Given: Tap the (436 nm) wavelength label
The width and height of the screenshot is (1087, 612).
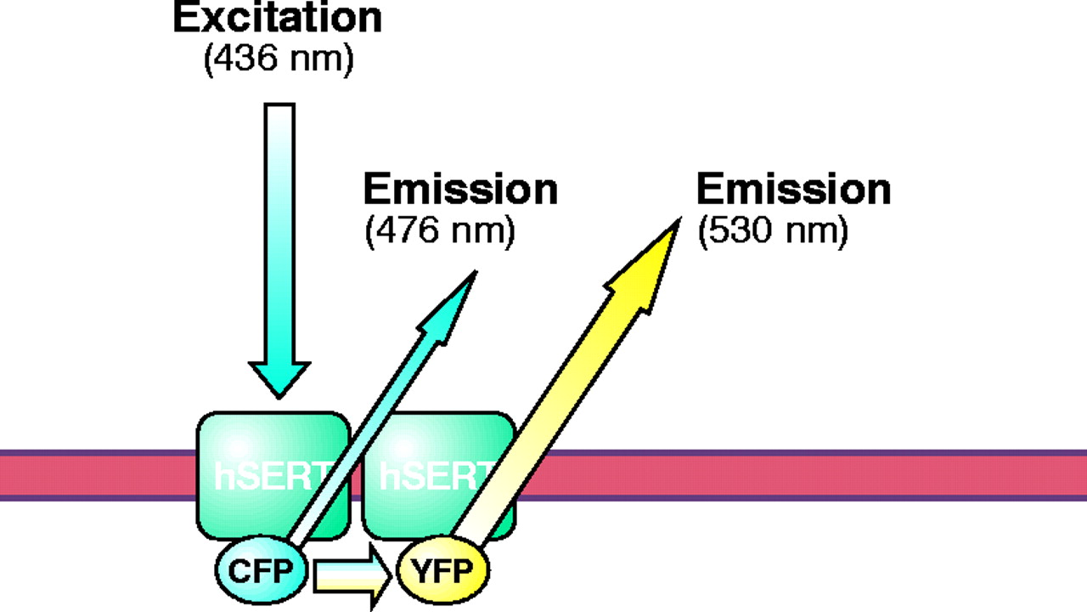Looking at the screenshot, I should click(x=278, y=62).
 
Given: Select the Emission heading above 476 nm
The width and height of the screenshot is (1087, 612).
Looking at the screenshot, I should click(x=459, y=190).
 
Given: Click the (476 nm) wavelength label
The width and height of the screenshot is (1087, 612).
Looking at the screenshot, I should click(x=439, y=233).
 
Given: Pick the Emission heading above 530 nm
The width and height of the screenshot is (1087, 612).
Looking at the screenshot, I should click(x=793, y=190).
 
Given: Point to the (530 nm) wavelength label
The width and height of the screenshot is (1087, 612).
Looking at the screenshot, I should click(x=772, y=233).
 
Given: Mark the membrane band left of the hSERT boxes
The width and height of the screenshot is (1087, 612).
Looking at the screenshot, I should click(x=93, y=475).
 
